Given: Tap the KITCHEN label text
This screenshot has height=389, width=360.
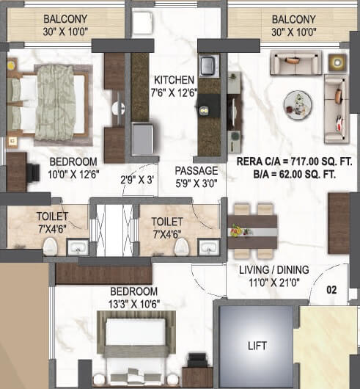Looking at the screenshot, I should (174, 80).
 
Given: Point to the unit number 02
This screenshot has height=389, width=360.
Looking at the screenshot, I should (332, 291).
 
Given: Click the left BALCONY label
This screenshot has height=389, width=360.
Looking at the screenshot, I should (67, 18).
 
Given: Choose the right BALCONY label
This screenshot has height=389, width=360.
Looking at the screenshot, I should (293, 18).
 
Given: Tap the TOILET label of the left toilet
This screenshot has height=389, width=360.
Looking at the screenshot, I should (52, 217).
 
